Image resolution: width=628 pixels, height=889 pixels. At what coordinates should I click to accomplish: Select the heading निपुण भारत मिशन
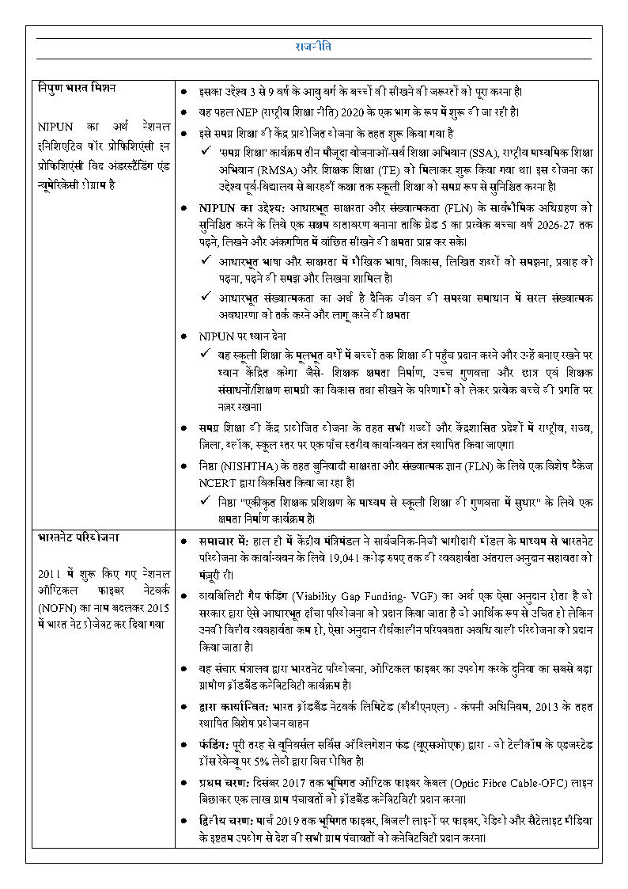coord(78,87)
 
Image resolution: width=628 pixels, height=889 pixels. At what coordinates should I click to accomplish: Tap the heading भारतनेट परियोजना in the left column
coord(78,538)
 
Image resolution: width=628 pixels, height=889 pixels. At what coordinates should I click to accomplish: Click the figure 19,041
coord(351,557)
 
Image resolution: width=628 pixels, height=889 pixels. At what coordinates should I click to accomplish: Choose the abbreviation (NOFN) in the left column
coord(55,608)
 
